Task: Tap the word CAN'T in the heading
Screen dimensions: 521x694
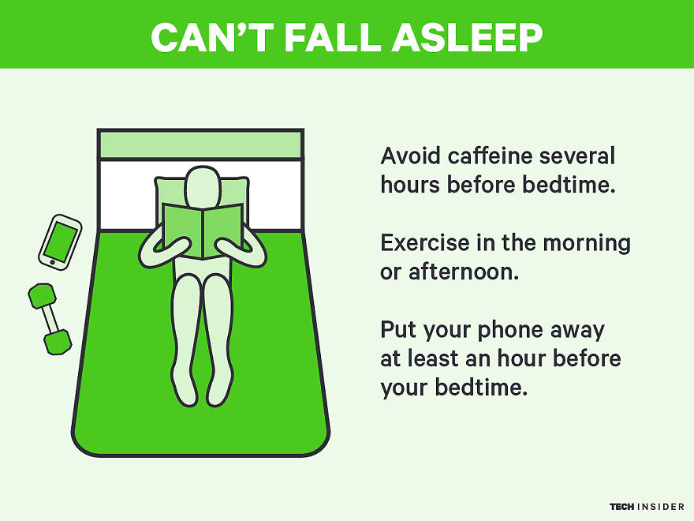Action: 202,36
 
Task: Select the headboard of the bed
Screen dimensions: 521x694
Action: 200,144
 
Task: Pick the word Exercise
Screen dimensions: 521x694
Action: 423,242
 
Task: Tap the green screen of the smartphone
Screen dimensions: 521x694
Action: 60,241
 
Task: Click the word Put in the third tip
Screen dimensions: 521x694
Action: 397,329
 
